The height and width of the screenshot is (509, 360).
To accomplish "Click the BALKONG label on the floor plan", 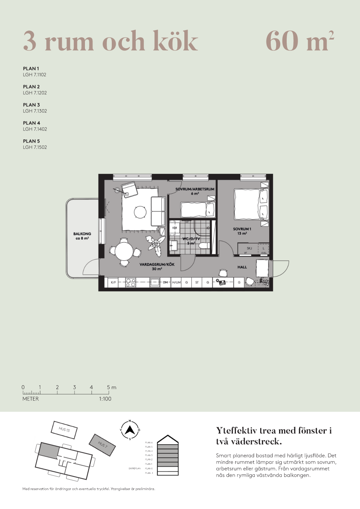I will [x=82, y=234].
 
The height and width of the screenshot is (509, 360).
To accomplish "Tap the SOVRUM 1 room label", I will [x=242, y=229].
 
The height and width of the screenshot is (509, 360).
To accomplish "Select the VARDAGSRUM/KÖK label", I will [x=157, y=264].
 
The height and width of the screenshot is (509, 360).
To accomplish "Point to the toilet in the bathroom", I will [x=204, y=246].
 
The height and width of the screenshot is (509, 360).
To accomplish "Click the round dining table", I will [x=124, y=251].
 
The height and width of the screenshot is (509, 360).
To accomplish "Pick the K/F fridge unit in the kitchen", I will [x=114, y=282].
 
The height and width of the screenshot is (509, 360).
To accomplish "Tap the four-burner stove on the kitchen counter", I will [x=131, y=282].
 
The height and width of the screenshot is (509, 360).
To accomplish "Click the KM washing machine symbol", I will [x=175, y=228].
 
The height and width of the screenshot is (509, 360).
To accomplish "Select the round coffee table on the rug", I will [x=140, y=212].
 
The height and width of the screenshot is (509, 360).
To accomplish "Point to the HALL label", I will [x=242, y=267].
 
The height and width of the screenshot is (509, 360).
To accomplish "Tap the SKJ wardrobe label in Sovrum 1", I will [x=249, y=248].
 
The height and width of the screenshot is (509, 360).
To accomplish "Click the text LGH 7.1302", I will [x=35, y=111].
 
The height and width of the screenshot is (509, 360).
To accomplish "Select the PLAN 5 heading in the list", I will [x=31, y=141].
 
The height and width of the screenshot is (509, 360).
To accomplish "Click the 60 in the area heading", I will [x=282, y=41].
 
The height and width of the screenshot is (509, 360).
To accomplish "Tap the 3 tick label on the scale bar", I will [x=74, y=387].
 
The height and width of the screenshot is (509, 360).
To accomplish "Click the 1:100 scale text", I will [x=105, y=399].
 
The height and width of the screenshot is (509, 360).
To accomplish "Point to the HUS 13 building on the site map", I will [x=64, y=430].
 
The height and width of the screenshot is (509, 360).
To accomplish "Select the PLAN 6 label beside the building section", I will [x=149, y=443].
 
